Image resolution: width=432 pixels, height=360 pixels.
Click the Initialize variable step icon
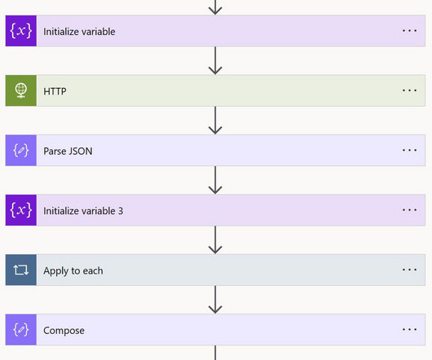tap(21, 31)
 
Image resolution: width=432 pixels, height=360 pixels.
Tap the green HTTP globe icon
tap(21, 90)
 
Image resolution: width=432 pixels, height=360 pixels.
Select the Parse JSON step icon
tap(21, 151)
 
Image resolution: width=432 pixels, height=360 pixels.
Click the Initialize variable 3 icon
tap(21, 210)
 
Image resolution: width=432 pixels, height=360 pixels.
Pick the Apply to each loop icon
tap(21, 270)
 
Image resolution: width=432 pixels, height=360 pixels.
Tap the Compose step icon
tap(21, 329)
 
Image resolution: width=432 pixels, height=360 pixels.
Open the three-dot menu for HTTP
tap(409, 90)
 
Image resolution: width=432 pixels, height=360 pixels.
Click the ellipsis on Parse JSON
tap(409, 150)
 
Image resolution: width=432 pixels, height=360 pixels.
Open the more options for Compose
tap(409, 329)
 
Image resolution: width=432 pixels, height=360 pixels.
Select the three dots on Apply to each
tap(409, 270)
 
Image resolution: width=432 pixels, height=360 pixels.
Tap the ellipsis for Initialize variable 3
tap(409, 209)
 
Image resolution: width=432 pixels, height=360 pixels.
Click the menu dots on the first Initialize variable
tap(409, 31)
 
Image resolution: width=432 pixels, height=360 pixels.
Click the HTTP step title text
tap(55, 91)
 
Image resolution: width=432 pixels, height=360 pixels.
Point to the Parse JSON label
tap(68, 151)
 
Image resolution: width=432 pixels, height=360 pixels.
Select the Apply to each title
tap(73, 271)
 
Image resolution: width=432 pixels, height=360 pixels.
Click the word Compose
tap(64, 331)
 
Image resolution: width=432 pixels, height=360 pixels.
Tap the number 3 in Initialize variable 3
tap(121, 211)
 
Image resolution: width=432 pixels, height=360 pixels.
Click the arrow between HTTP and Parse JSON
tap(215, 121)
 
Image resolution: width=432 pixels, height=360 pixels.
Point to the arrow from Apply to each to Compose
tap(215, 300)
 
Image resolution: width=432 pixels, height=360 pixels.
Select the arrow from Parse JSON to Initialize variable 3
tap(215, 180)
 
